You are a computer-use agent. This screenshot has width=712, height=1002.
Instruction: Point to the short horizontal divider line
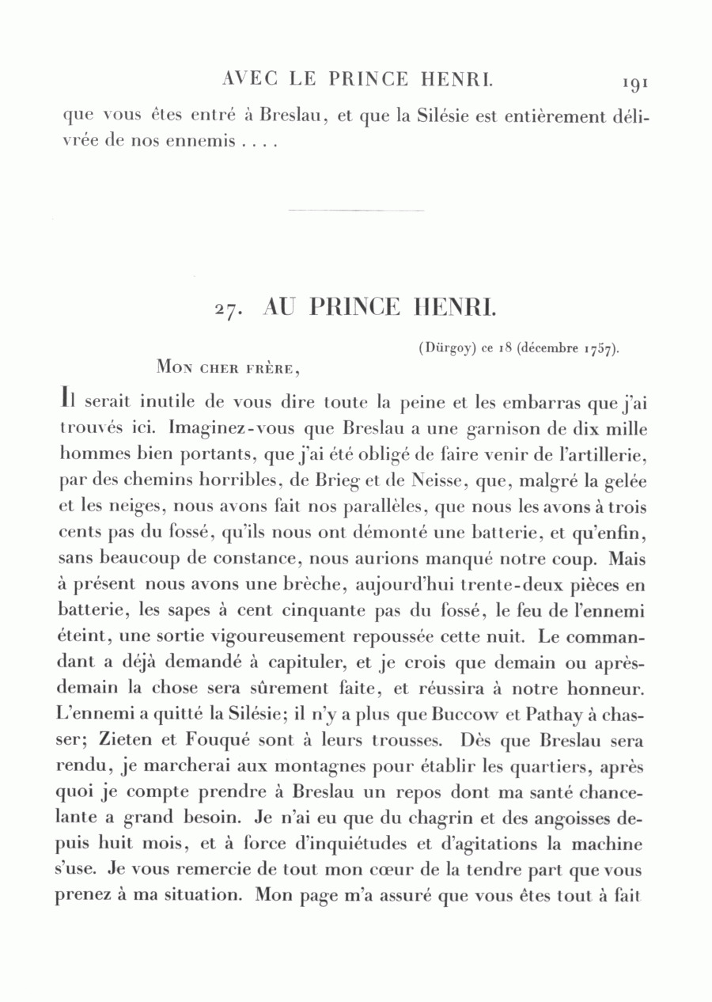356,211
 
